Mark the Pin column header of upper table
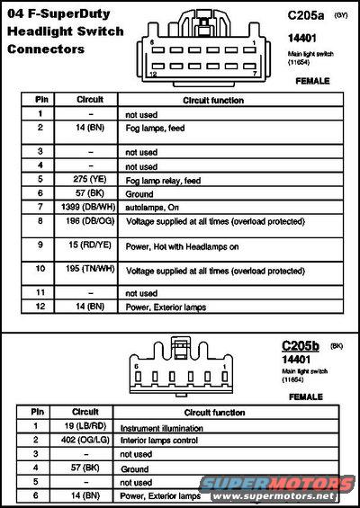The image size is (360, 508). tap(41, 100)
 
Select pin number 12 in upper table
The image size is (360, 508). tap(41, 307)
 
